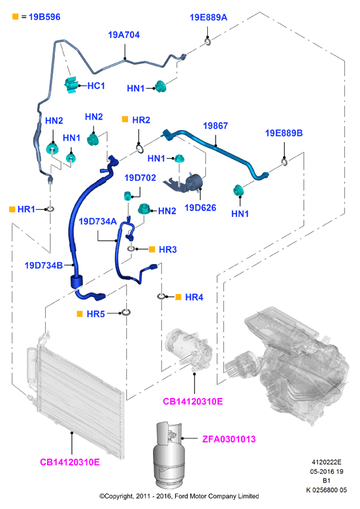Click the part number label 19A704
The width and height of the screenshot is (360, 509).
[123, 35]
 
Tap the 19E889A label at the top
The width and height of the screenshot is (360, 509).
[208, 17]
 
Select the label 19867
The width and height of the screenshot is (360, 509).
[215, 125]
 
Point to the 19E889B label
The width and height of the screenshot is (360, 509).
[284, 133]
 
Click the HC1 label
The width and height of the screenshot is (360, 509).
[96, 86]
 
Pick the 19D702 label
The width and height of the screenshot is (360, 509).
[140, 178]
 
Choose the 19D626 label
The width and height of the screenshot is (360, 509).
[201, 208]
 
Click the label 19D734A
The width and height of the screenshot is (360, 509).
[98, 222]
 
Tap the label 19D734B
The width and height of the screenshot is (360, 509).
[44, 265]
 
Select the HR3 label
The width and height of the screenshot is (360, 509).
[168, 250]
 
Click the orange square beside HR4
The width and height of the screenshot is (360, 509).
[178, 297]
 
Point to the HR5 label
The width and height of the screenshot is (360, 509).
[96, 314]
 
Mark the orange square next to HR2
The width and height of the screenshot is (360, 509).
[125, 120]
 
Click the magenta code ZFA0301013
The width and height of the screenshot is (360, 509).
[229, 439]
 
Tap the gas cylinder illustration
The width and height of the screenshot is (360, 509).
[169, 455]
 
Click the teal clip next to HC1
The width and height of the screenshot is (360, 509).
[71, 86]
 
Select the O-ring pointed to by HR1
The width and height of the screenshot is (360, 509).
[50, 209]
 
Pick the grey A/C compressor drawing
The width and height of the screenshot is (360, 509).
[189, 350]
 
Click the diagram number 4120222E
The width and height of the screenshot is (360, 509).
[327, 462]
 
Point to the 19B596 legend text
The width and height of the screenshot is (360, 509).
[44, 17]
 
